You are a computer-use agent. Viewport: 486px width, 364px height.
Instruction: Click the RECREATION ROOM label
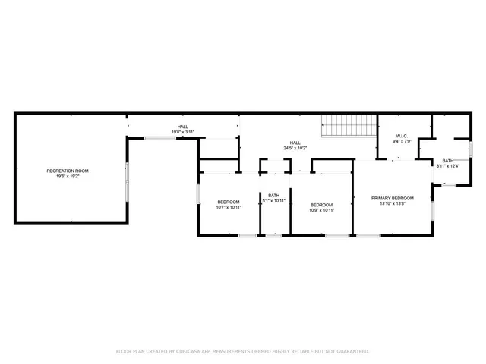click(68, 171)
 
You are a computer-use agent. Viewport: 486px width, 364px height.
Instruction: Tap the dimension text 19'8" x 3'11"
click(183, 132)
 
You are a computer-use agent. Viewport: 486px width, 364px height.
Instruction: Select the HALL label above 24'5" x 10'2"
click(295, 143)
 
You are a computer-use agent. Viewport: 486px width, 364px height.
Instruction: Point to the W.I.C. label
click(402, 136)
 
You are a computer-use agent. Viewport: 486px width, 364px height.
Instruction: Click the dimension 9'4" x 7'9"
click(402, 142)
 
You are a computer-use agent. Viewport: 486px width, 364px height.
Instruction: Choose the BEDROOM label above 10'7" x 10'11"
click(228, 202)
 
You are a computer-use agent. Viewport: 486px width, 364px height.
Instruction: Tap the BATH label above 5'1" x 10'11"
click(273, 196)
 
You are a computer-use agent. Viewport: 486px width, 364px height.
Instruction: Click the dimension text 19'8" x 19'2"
click(68, 176)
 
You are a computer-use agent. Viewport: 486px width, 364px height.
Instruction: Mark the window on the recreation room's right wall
click(127, 180)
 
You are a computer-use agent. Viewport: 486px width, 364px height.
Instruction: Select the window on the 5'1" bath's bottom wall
click(273, 236)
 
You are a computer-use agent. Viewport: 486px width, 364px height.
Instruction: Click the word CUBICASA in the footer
click(192, 351)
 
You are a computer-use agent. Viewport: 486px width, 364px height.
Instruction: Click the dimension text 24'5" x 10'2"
click(295, 148)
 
